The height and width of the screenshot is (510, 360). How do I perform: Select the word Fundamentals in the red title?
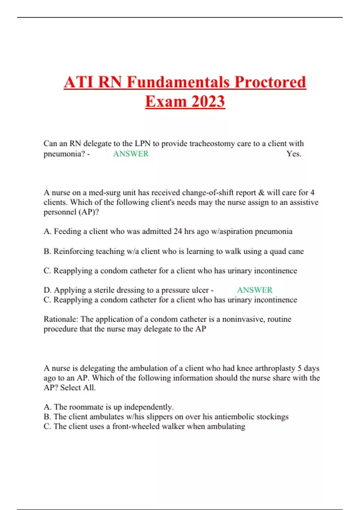(179, 82)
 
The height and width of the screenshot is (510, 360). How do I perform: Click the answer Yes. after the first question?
(294, 154)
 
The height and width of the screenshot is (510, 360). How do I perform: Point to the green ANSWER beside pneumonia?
(131, 154)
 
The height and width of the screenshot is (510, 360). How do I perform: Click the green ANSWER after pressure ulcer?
(255, 290)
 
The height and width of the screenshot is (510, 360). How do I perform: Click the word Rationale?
(61, 319)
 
